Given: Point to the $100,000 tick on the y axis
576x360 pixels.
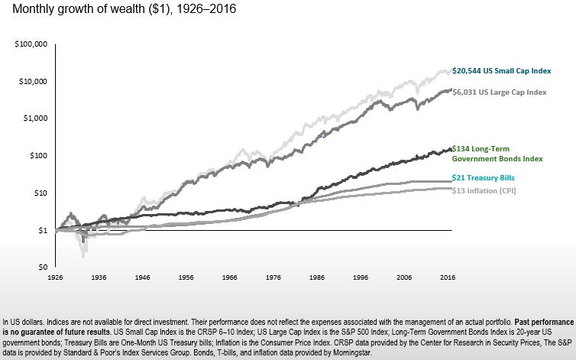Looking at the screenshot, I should point(31,45).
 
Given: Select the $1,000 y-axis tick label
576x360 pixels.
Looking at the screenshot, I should point(35,118).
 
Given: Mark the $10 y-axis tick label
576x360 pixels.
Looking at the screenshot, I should point(40,193).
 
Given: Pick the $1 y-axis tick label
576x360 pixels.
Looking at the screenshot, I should point(42,230).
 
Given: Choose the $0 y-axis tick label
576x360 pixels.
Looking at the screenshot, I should point(42,267).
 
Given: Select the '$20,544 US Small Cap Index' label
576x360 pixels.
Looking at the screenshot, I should point(501,70).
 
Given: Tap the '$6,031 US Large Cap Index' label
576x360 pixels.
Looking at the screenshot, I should point(500,92).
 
